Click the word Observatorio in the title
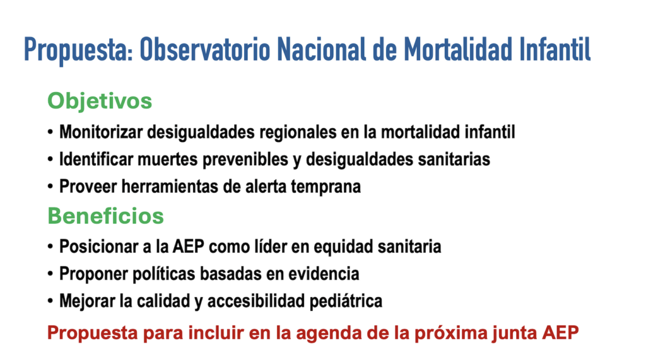coord(205,49)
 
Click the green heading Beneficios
coord(105,216)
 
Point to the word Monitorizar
coord(101,132)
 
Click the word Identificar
coord(96,160)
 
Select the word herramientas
coord(169,187)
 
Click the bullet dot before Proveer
coord(50,187)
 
